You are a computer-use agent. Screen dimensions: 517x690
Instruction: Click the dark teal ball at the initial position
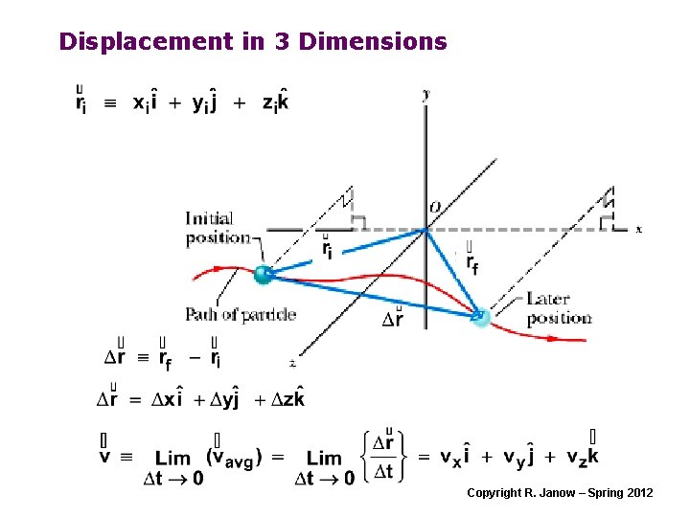point(262,275)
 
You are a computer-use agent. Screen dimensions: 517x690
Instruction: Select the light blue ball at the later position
point(480,318)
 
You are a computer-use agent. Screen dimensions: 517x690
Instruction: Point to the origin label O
point(435,208)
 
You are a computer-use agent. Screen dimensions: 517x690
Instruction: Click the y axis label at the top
point(425,94)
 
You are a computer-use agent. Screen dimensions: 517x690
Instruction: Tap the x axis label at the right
point(638,229)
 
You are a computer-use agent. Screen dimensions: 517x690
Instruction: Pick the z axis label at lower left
point(291,362)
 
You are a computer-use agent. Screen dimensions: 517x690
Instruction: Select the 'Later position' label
point(559,309)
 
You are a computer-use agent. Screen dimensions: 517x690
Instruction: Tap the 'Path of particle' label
point(241,314)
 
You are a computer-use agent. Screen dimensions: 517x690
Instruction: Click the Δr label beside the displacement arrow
point(393,318)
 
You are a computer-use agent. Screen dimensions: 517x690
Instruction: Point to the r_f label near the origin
point(471,257)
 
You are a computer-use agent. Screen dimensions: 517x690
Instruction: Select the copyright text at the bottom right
point(560,492)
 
